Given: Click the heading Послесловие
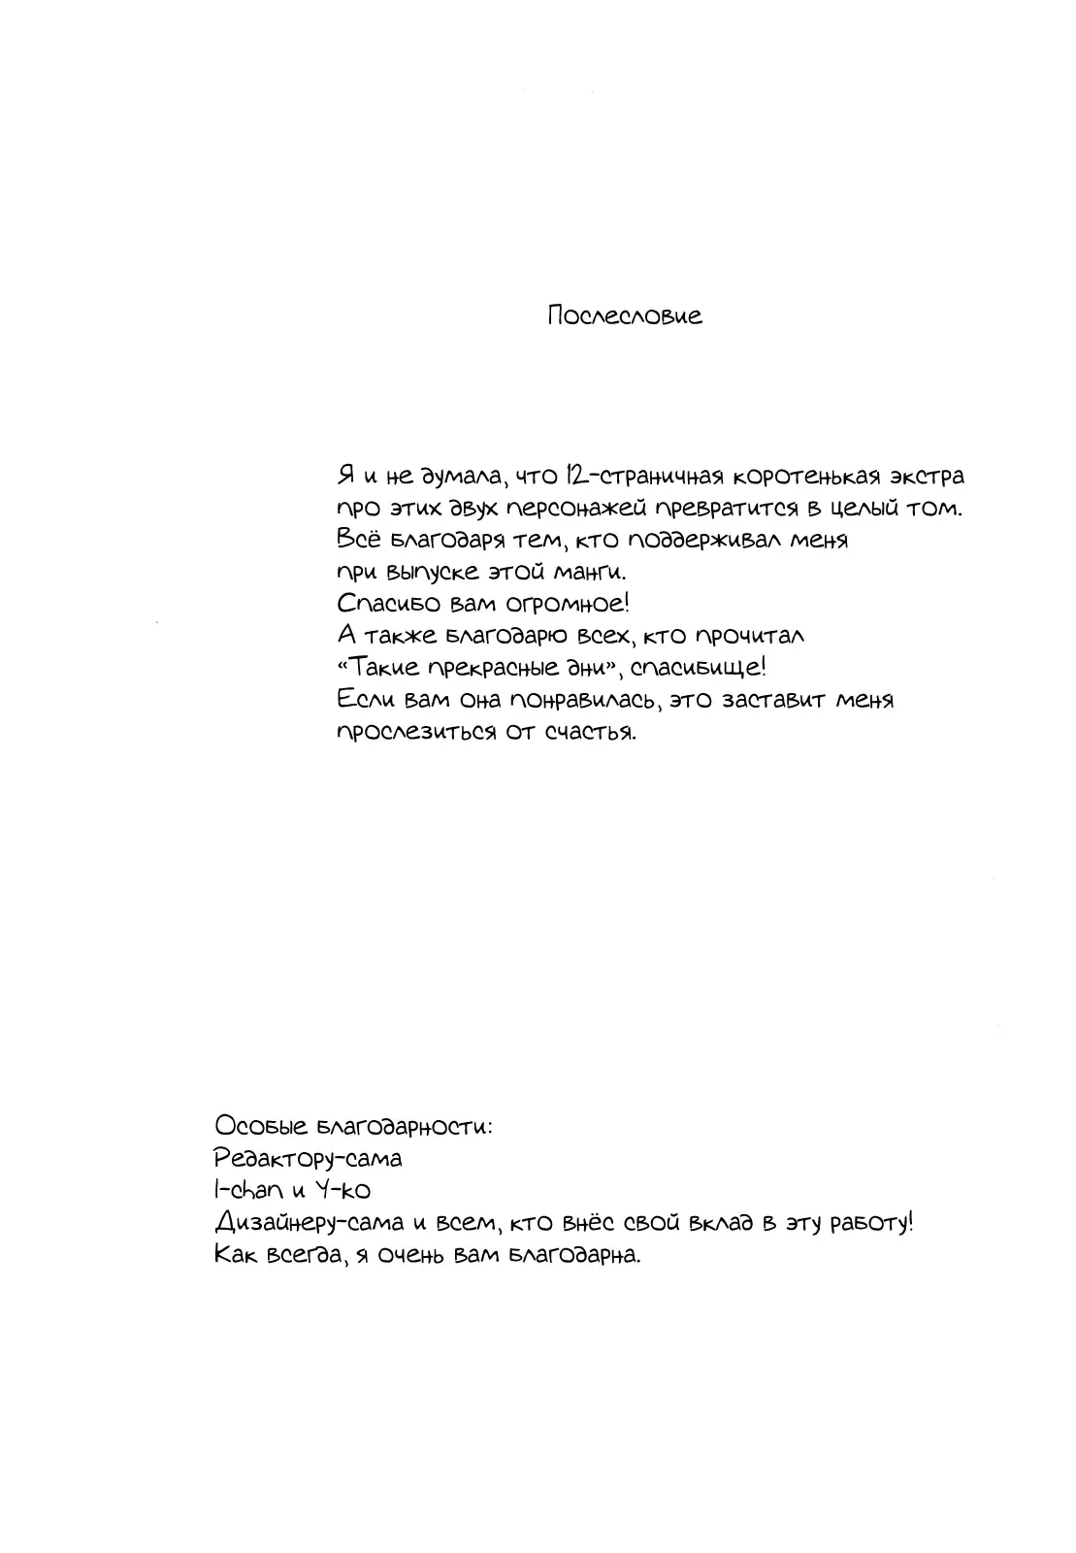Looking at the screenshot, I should [x=624, y=316].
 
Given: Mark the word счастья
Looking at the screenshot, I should [x=591, y=732].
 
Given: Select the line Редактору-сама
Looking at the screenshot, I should [x=308, y=1159].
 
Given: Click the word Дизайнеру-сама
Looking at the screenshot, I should [x=308, y=1223].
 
